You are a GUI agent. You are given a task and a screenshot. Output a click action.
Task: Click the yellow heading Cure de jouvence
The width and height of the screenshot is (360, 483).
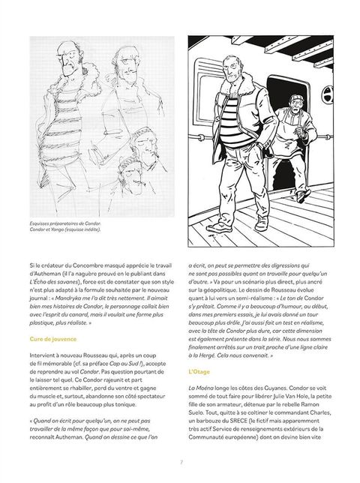53,339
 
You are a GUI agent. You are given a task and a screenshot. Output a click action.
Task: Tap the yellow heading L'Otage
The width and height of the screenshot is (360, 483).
199,372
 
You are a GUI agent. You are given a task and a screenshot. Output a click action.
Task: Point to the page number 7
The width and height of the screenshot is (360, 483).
181,462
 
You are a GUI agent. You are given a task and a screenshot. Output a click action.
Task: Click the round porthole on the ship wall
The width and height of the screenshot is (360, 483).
328,94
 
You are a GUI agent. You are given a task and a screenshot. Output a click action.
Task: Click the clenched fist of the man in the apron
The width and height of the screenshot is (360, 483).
299,131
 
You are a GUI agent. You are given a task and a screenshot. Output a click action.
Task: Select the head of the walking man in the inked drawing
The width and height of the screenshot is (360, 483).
231,68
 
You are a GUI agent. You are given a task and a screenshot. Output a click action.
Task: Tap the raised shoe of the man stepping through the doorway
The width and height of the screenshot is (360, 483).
303,196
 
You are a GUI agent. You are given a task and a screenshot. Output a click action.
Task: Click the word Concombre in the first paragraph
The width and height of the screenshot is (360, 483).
88,265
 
